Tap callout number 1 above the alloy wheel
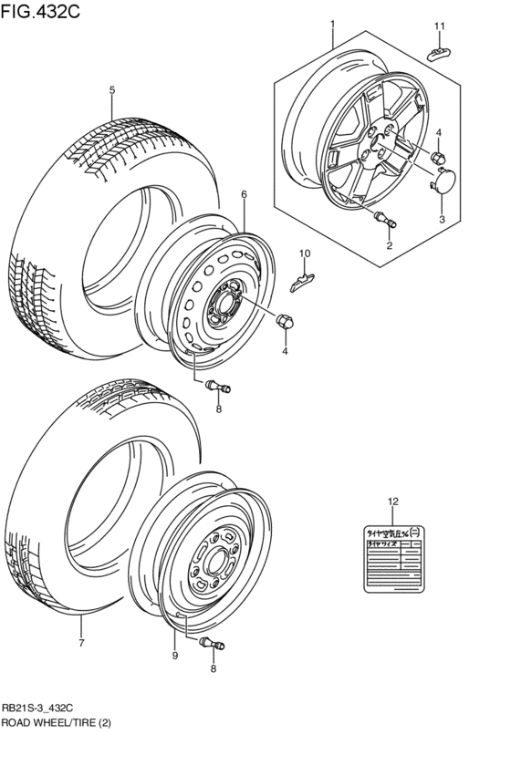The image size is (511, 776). [x=332, y=24]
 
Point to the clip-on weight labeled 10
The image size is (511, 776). [x=303, y=277]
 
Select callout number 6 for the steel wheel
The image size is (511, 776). [x=245, y=194]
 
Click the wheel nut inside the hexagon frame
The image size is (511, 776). [x=437, y=158]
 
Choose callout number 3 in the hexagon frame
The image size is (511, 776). [x=441, y=220]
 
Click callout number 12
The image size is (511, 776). [x=392, y=502]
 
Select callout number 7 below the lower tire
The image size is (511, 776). [x=80, y=644]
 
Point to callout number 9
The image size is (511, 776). [x=174, y=654]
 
